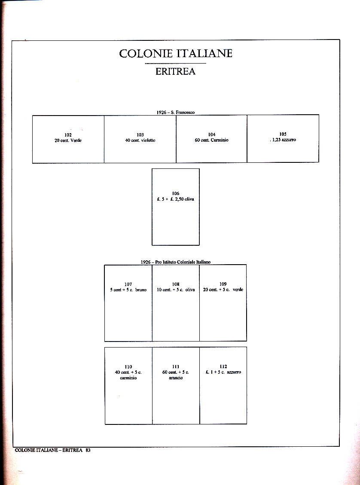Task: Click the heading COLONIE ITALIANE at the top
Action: click(176, 54)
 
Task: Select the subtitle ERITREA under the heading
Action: click(175, 72)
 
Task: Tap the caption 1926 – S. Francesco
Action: click(175, 112)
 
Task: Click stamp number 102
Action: click(68, 135)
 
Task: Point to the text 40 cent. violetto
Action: click(140, 140)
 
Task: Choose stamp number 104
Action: click(211, 135)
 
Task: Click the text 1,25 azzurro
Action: click(284, 140)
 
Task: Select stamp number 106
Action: click(175, 194)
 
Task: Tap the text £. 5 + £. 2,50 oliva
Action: click(175, 199)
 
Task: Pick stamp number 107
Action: click(128, 284)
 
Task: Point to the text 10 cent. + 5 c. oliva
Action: click(175, 290)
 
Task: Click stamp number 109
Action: click(223, 284)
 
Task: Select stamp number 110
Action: click(128, 367)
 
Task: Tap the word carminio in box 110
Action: click(128, 378)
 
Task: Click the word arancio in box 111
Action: click(175, 378)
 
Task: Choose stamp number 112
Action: click(223, 367)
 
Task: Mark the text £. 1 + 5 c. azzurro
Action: click(223, 372)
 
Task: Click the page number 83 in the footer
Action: click(88, 450)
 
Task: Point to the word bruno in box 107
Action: click(140, 290)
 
